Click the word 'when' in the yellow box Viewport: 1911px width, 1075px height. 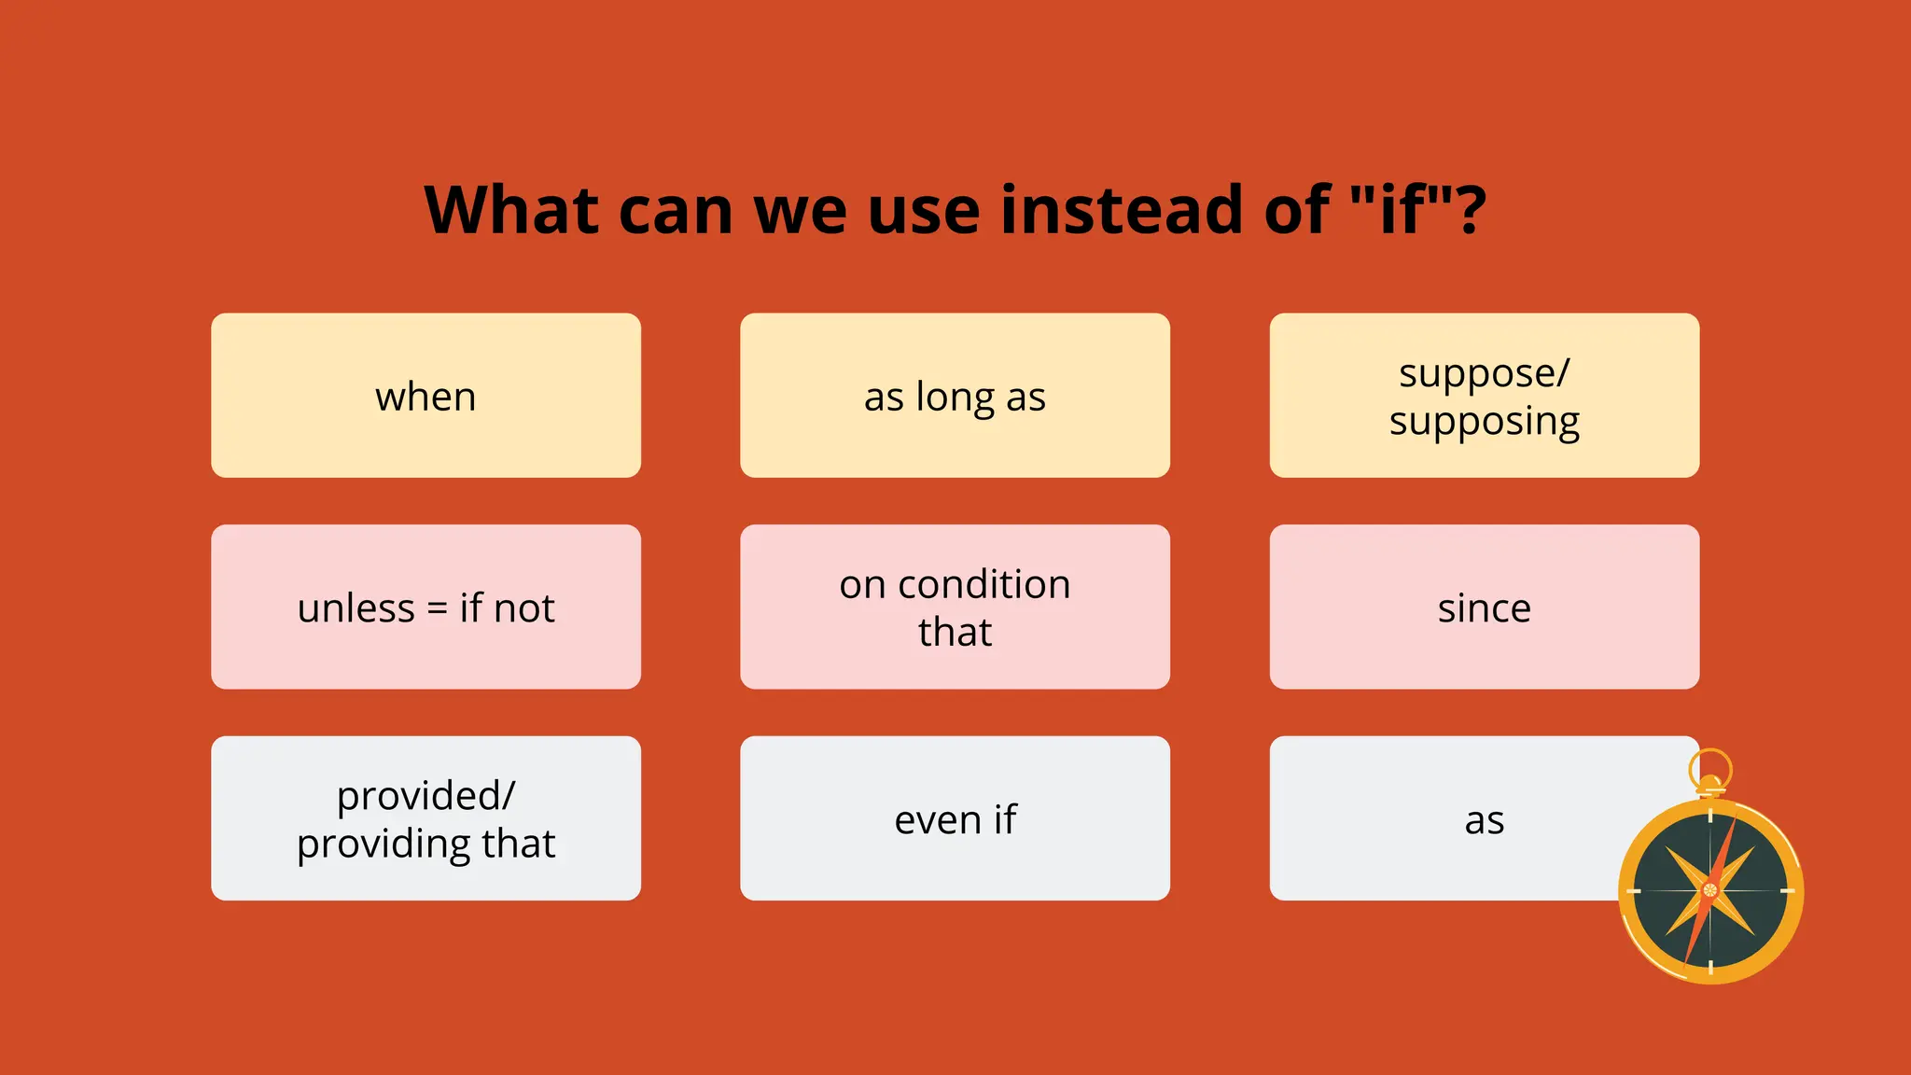tap(425, 398)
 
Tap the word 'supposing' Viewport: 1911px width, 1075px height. tap(1484, 422)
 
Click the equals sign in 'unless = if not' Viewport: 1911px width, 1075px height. tap(437, 609)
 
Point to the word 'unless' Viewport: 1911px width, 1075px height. tap(356, 608)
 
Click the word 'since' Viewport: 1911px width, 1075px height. tap(1484, 608)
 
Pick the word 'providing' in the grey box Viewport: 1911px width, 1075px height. tap(384, 845)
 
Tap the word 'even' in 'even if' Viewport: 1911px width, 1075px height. tap(937, 820)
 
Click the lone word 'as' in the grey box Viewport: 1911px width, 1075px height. tap(1484, 821)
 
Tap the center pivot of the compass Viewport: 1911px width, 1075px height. tap(1709, 890)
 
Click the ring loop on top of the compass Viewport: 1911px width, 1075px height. tap(1709, 768)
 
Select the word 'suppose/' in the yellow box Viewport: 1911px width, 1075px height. tap(1484, 373)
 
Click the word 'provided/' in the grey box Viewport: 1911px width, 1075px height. tap(425, 796)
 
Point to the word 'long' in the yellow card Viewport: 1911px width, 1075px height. tap(955, 398)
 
